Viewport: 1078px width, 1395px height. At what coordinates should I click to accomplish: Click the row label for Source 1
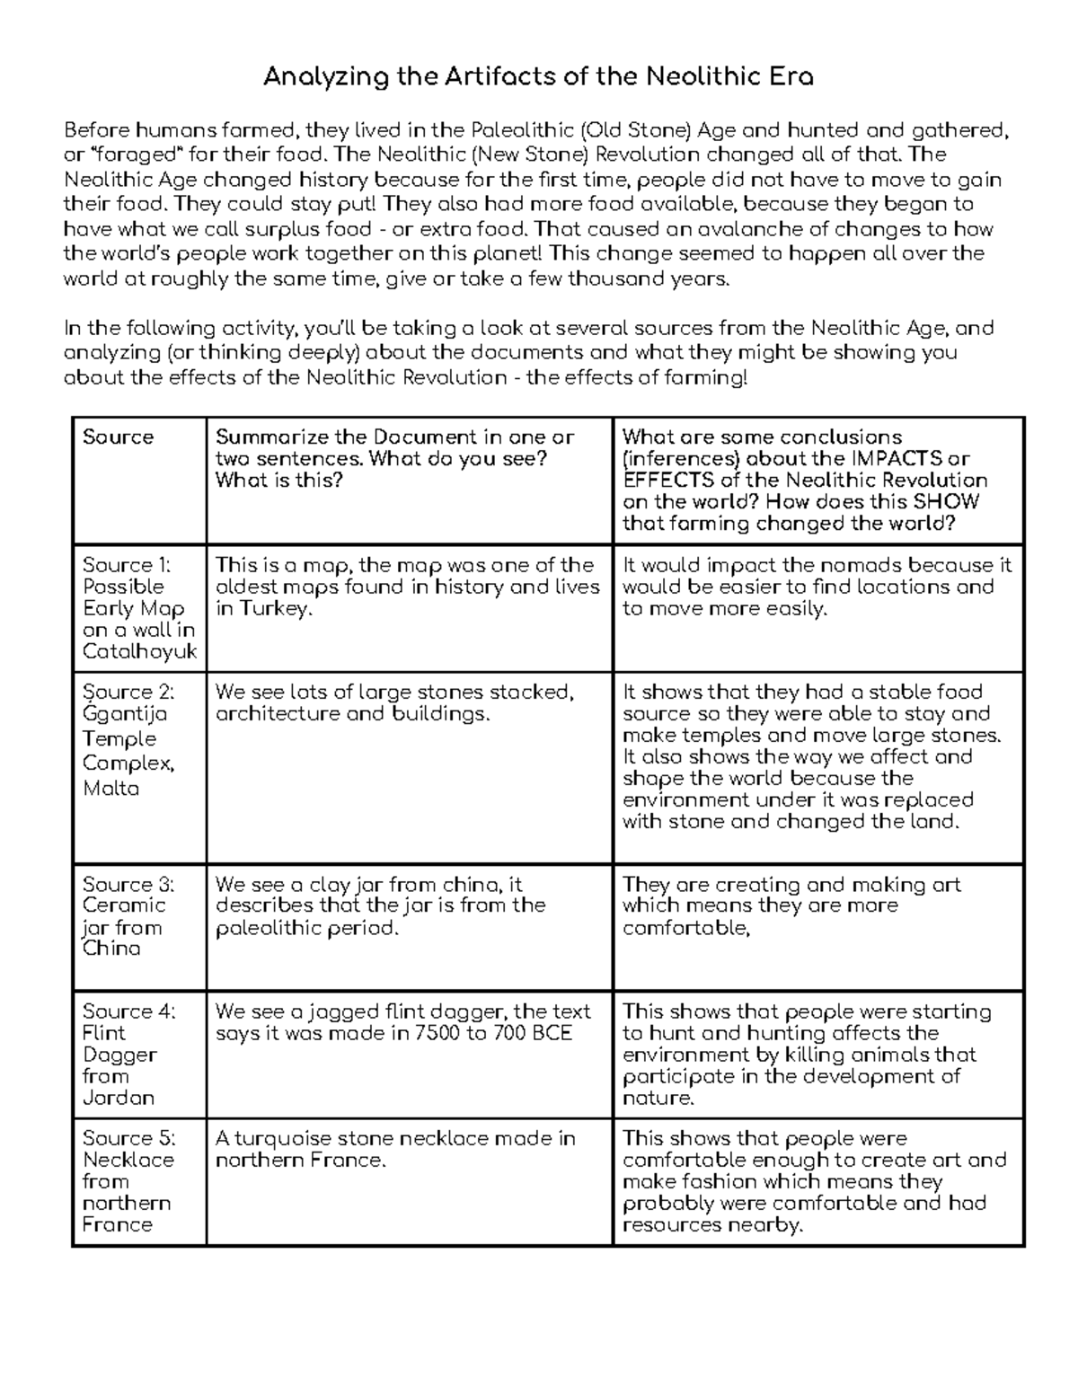coord(138,608)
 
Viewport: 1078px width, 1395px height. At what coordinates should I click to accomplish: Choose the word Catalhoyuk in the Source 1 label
coord(139,651)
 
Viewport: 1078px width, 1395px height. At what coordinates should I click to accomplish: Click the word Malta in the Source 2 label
coord(110,789)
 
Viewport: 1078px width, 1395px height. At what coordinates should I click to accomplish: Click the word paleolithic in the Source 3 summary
coord(263,928)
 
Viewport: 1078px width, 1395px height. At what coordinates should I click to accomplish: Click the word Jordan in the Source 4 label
coord(118,1098)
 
